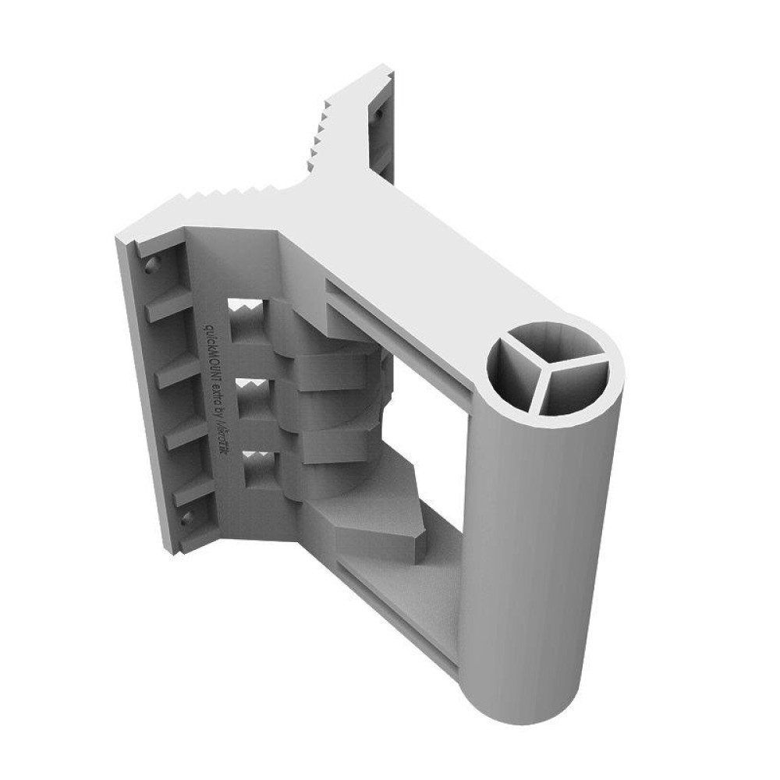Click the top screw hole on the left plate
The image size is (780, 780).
pos(151,264)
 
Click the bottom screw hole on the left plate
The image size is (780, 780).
pos(186,516)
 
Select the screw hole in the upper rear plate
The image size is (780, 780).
pos(379,115)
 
